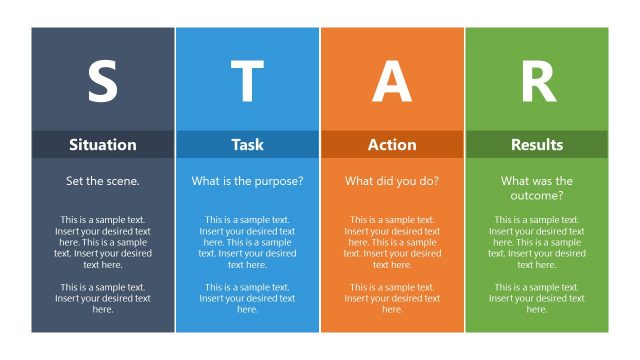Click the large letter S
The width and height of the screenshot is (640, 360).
tap(102, 82)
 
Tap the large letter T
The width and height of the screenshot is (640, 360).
tap(247, 82)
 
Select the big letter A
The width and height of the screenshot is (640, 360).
tap(392, 82)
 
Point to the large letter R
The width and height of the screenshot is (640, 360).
tap(537, 82)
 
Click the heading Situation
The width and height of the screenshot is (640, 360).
tap(102, 145)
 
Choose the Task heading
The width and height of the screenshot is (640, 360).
tap(247, 145)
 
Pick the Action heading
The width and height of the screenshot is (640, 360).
tap(392, 145)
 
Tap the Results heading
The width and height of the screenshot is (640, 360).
tap(537, 145)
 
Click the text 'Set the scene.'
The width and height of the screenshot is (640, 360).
tap(102, 182)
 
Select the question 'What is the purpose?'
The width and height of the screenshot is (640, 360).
tap(247, 182)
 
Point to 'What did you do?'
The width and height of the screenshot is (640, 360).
tap(392, 182)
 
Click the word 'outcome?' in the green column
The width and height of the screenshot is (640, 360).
tap(537, 195)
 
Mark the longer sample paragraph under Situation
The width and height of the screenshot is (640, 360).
tap(102, 242)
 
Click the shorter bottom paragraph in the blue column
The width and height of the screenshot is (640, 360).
tap(247, 298)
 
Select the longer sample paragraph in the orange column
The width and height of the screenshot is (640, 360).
tap(392, 242)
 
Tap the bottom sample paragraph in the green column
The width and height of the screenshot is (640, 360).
tap(537, 298)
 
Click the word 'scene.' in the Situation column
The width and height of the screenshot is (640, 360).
tap(123, 182)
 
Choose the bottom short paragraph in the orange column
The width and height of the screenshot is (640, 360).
tap(392, 298)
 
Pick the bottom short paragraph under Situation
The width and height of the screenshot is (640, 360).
tap(102, 298)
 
